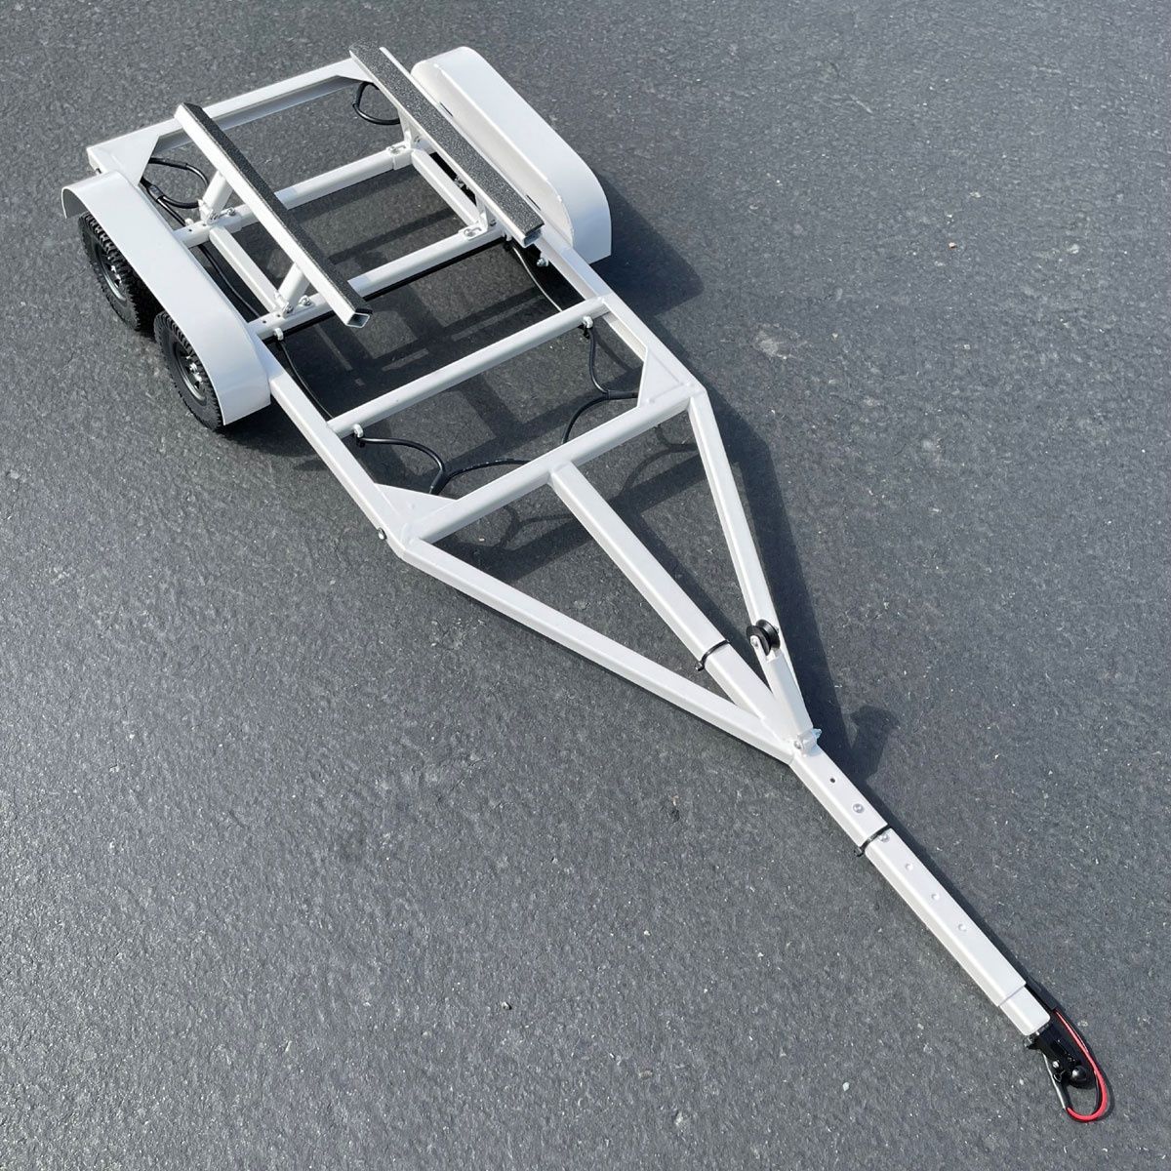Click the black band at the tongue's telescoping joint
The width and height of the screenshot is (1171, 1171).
point(874,837)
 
